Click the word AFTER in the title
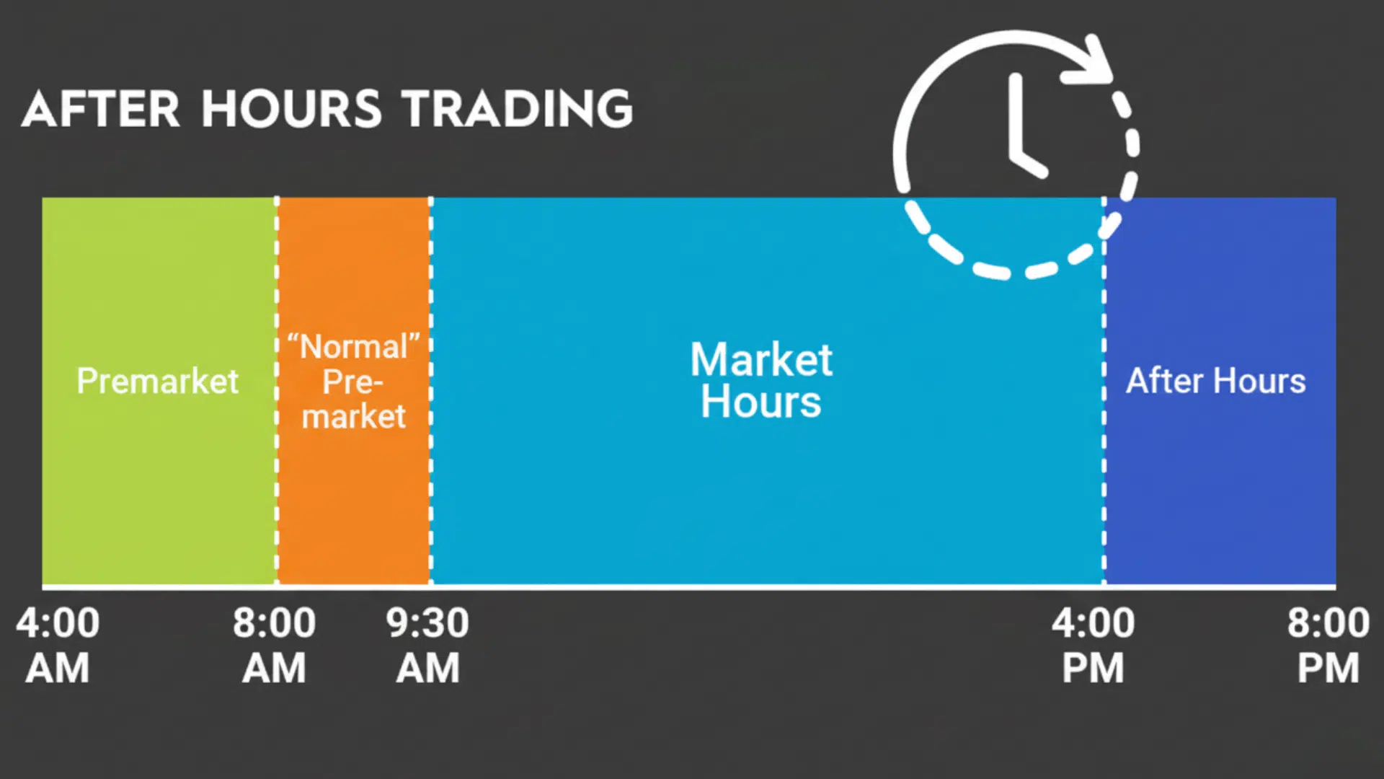(101, 110)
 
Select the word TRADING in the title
(518, 110)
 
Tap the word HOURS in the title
(290, 110)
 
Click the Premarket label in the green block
(157, 381)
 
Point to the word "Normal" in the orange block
(353, 347)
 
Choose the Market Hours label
(761, 380)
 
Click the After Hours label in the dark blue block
(1215, 381)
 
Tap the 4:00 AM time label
(58, 645)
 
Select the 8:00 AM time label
(274, 645)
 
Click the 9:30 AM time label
(427, 645)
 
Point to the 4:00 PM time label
(1093, 645)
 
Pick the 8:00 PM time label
(1328, 645)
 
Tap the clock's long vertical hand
(1016, 112)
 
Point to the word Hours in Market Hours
(761, 402)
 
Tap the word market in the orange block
(353, 416)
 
